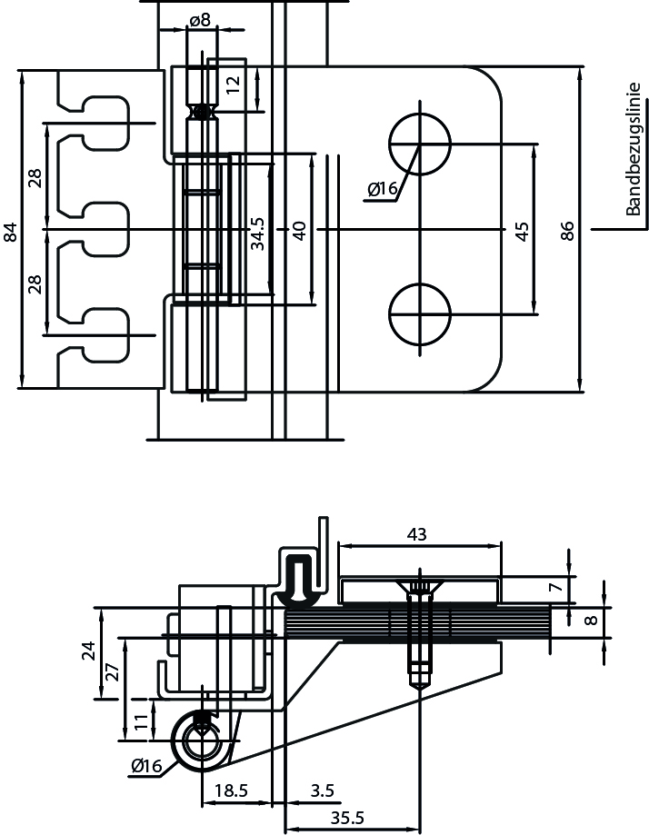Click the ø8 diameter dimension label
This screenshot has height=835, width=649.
pyautogui.click(x=200, y=20)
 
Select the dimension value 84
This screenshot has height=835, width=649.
pyautogui.click(x=11, y=233)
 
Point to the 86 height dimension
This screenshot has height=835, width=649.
pyautogui.click(x=568, y=231)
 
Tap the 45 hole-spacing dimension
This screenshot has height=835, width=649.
pyautogui.click(x=523, y=231)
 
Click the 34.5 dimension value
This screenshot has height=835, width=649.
pyautogui.click(x=258, y=234)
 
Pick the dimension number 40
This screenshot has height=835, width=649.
pyautogui.click(x=299, y=231)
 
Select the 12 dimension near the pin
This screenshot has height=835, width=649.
pyautogui.click(x=233, y=84)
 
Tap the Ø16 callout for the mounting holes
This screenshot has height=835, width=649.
pyautogui.click(x=383, y=188)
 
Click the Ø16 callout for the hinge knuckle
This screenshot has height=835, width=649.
pyautogui.click(x=146, y=766)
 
